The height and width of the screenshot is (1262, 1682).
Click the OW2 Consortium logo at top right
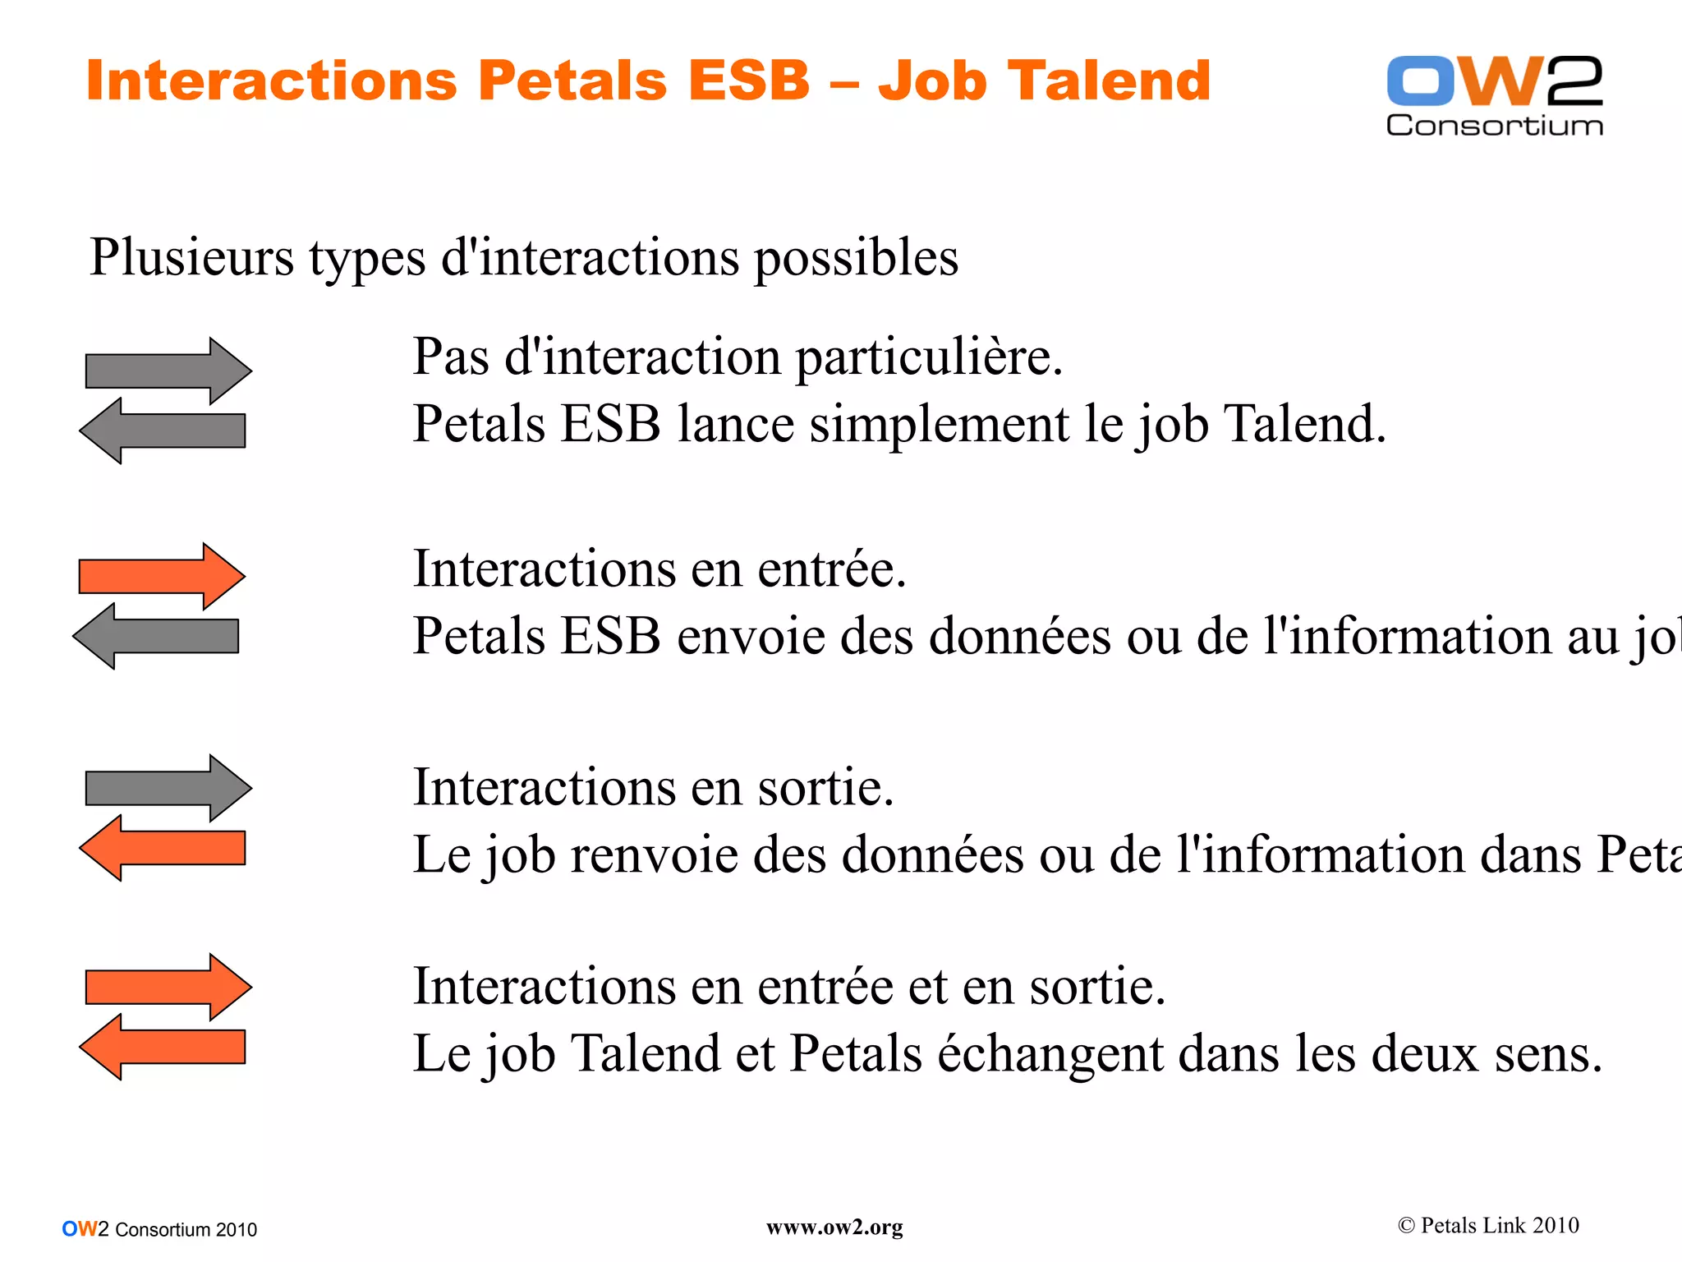point(1494,94)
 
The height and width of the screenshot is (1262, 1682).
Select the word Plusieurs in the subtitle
point(191,257)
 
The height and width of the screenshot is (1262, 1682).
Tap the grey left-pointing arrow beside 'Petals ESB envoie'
point(156,636)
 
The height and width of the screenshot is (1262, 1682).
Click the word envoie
point(751,637)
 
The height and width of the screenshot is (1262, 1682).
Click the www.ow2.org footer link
point(834,1227)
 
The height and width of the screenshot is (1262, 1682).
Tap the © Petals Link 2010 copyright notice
point(1488,1226)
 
